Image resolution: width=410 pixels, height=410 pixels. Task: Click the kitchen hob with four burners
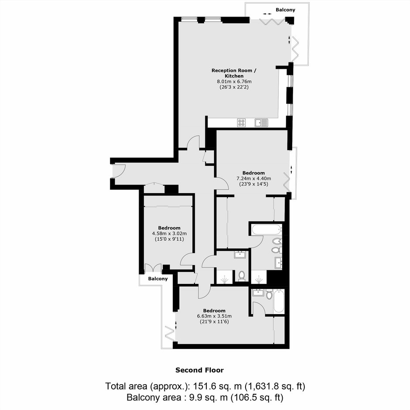click(x=241, y=123)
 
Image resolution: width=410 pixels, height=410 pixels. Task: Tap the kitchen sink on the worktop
click(x=261, y=123)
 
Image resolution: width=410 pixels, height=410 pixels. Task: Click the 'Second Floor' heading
click(x=199, y=370)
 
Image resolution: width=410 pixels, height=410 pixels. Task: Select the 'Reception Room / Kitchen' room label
click(x=234, y=73)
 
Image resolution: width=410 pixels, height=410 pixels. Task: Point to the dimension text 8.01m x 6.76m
click(x=234, y=81)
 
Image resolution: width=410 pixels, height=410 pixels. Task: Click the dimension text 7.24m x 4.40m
click(x=254, y=178)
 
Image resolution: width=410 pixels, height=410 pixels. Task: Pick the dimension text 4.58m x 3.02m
click(x=169, y=233)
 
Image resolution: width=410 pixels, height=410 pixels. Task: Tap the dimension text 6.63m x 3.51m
click(x=215, y=316)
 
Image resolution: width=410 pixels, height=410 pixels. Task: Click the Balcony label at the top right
click(x=285, y=10)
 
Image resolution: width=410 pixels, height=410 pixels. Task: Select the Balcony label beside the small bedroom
click(x=157, y=279)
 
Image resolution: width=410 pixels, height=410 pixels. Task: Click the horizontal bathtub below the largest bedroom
click(x=266, y=229)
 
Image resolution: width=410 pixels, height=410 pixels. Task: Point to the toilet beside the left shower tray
click(x=242, y=275)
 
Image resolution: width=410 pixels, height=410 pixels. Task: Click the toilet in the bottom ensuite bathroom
click(x=269, y=294)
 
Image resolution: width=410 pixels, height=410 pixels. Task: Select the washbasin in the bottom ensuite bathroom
click(x=258, y=293)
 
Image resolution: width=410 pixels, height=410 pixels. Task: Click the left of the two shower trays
click(x=225, y=277)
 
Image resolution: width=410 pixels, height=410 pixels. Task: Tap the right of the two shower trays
click(x=259, y=277)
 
